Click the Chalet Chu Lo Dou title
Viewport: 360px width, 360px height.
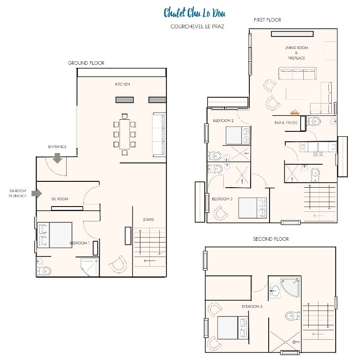click(194, 13)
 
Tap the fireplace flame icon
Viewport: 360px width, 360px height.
click(295, 112)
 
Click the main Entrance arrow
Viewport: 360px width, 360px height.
click(57, 158)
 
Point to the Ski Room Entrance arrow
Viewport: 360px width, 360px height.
click(37, 193)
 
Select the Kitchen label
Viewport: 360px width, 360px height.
click(122, 84)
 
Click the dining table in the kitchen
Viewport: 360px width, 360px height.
click(125, 134)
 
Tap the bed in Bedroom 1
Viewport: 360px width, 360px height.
click(54, 235)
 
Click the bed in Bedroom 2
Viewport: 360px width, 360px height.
click(238, 135)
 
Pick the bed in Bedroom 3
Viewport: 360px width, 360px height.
click(252, 208)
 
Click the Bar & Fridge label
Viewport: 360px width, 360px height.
click(286, 122)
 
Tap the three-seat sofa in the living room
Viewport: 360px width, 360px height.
click(297, 73)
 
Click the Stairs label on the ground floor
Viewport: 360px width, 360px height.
click(148, 220)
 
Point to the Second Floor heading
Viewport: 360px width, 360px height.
click(271, 239)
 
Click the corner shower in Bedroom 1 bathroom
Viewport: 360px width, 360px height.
click(90, 267)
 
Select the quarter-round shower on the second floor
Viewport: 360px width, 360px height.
click(290, 288)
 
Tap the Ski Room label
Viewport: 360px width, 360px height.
click(60, 199)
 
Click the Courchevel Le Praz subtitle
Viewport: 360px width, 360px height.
click(197, 27)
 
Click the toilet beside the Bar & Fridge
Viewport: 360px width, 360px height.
click(313, 121)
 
